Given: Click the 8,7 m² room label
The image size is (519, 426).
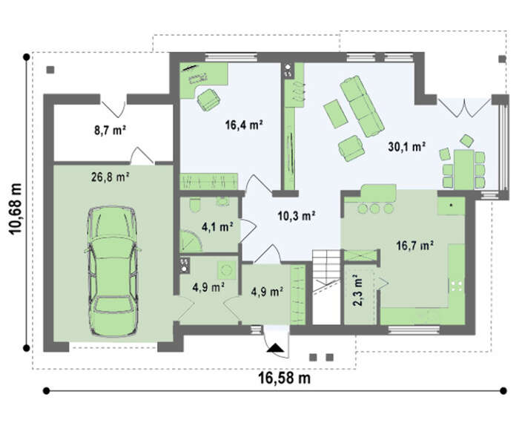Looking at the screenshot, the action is pos(110,130).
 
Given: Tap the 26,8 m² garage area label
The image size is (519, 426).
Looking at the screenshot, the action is pos(110,177).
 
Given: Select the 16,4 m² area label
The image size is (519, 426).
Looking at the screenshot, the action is pos(244,125).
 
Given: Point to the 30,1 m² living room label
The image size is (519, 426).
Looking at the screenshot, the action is pos(407,146).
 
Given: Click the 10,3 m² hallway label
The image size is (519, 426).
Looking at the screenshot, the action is pos(297,216).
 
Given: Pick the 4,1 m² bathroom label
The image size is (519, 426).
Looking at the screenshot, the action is pos(217,227).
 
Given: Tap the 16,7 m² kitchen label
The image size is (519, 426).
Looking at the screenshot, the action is pos(415,246).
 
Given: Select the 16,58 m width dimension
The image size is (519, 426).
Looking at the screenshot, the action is pos(284,378).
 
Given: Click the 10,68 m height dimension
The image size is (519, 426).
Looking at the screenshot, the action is pos(16,208).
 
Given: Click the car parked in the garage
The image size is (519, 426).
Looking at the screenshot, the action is pos(113,271).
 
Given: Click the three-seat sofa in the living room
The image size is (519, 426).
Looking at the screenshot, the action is pos(362,106).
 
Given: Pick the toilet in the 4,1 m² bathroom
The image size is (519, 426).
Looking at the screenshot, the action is pos(195,204).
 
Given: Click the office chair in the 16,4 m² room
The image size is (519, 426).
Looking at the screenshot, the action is pos(208,99).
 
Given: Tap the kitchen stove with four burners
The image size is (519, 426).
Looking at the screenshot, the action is pos(457,286).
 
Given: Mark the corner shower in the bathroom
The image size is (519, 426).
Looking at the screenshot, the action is pos(191,240).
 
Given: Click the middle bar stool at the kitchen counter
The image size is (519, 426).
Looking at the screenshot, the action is pos(375,209).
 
